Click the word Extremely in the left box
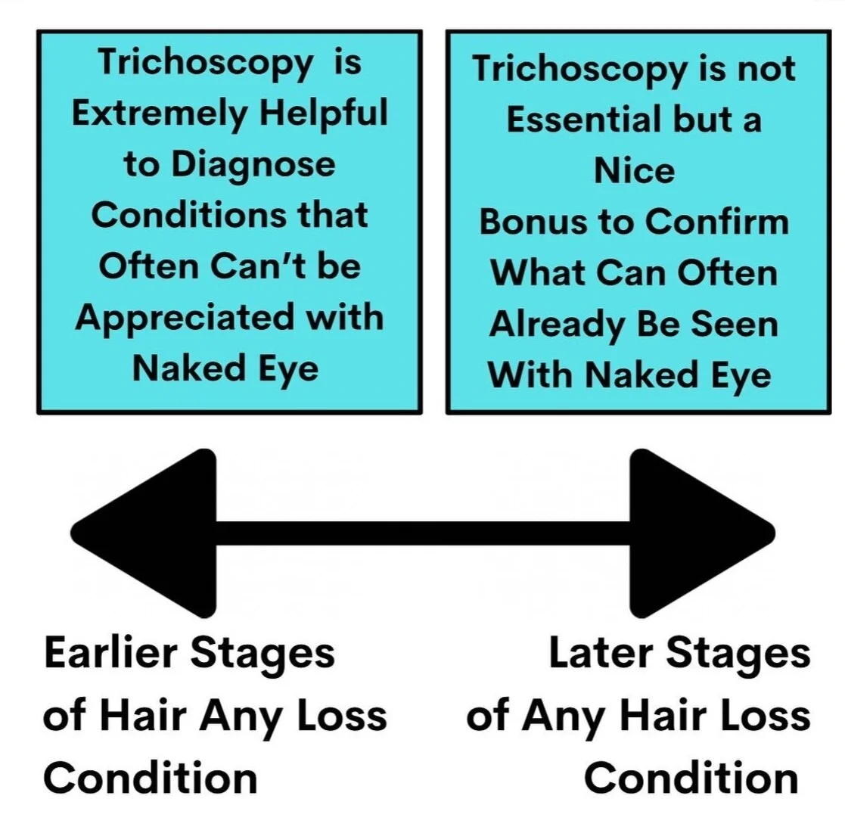pos(160,113)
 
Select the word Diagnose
pos(253,164)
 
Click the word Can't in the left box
pos(258,266)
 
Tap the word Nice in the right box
pos(634,170)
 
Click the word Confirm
pos(716,222)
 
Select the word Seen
pos(735,325)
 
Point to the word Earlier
pos(110,653)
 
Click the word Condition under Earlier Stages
pos(151,778)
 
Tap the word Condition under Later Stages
pos(691,778)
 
